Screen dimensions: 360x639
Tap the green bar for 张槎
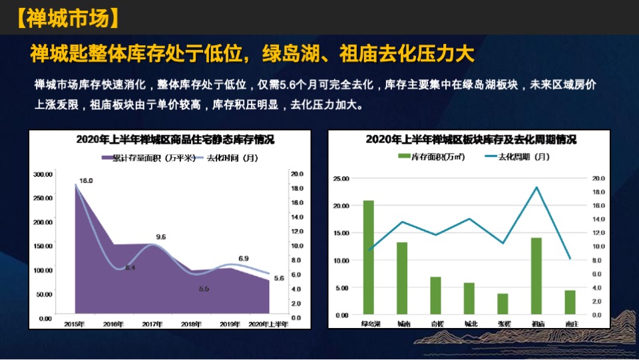pos(503,303)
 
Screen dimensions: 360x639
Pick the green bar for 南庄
pos(570,302)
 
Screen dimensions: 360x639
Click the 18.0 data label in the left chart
pos(86,180)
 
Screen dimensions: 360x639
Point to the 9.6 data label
pos(161,237)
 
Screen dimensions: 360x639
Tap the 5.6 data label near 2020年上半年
pos(280,278)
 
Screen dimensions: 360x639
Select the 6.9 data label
pos(244,258)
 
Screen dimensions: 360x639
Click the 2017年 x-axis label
pos(152,324)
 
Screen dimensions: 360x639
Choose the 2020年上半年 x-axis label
pos(269,324)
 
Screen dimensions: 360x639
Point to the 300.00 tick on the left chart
pos(43,174)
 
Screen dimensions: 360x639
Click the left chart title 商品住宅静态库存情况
pos(175,140)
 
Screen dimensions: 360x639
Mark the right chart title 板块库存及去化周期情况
pos(471,140)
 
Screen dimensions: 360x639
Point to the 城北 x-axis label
pos(469,324)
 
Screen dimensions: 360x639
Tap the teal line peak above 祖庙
pos(536,187)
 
